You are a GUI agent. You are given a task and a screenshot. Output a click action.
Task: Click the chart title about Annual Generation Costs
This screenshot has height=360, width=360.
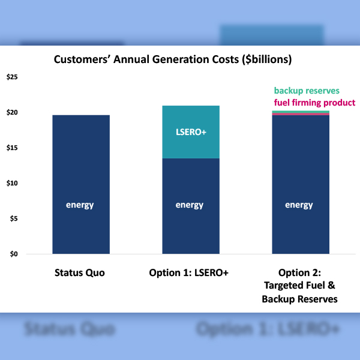(x=173, y=60)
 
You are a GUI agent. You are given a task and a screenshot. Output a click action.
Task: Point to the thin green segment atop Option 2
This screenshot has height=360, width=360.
(x=301, y=112)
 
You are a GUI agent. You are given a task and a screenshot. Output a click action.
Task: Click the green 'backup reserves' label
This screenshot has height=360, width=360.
(x=307, y=91)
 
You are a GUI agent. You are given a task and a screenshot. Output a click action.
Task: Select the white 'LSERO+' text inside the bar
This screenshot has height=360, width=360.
(x=190, y=131)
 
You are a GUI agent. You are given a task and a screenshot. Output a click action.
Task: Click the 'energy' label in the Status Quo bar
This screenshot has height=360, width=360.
(x=80, y=205)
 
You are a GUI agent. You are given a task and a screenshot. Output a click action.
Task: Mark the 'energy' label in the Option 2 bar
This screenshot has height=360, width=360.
(x=299, y=205)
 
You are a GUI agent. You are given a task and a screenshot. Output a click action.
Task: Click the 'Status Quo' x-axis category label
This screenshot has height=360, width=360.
(x=80, y=273)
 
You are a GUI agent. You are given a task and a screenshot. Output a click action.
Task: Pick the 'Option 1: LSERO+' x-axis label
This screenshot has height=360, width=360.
(x=190, y=273)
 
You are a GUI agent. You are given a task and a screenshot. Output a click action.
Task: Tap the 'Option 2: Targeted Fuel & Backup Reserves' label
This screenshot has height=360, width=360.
(x=299, y=286)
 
